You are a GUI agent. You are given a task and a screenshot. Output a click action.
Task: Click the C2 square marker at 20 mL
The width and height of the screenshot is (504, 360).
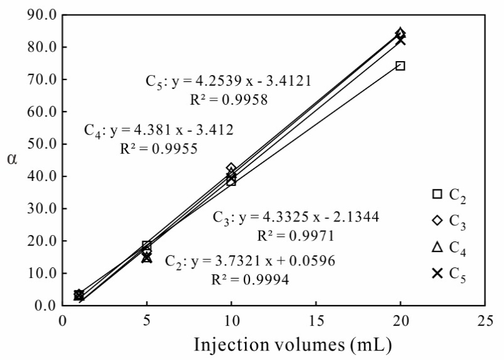click(x=400, y=66)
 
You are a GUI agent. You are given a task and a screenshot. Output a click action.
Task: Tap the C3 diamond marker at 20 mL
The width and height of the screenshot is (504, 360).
click(x=400, y=33)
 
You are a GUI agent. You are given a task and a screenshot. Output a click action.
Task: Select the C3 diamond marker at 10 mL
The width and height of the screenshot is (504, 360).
click(x=231, y=168)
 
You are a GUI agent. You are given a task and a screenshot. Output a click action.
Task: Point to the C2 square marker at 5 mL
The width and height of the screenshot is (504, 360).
click(x=147, y=245)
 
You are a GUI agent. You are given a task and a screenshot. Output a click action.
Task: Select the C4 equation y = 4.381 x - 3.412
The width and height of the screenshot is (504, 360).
click(x=159, y=131)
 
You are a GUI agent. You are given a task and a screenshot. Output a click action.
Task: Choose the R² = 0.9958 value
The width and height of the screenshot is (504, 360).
click(x=229, y=99)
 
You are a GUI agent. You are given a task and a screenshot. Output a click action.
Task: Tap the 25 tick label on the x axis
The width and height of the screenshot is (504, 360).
click(x=484, y=320)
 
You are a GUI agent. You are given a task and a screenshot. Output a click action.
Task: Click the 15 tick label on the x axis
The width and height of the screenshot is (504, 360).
click(x=316, y=320)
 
